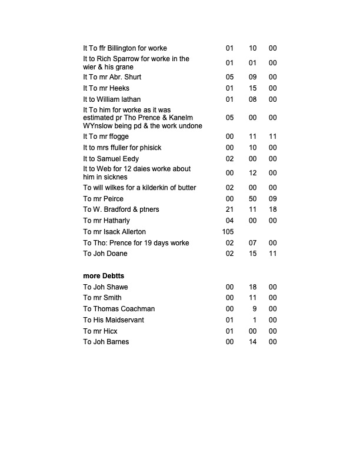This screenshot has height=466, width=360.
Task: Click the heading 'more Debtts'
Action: tap(104, 275)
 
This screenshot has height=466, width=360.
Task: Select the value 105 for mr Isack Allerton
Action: tap(228, 232)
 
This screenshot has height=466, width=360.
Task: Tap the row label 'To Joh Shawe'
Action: tap(105, 287)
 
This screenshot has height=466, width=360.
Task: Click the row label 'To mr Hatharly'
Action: tap(109, 221)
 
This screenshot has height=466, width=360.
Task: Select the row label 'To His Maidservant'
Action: tap(114, 320)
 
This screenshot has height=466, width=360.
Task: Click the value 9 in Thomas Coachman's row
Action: tap(255, 309)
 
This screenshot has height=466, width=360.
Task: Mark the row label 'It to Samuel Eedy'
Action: tap(111, 159)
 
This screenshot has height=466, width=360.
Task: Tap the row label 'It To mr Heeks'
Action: tap(106, 88)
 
